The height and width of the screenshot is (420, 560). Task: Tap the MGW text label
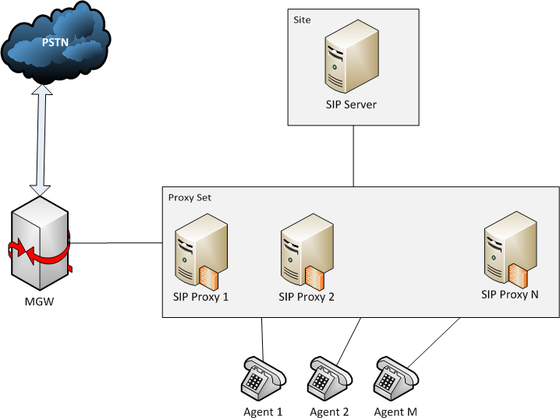click(x=39, y=302)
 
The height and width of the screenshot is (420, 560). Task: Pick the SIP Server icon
click(x=350, y=58)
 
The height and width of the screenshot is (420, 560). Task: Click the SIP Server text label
click(x=351, y=104)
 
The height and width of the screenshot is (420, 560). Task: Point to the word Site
click(x=302, y=19)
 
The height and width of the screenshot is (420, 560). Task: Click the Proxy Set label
click(x=190, y=197)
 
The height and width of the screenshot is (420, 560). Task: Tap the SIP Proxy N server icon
click(x=510, y=249)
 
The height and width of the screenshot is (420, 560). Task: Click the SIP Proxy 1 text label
click(x=200, y=296)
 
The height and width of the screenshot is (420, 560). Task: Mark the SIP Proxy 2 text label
click(x=307, y=296)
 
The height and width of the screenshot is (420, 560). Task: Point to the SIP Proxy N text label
click(x=510, y=295)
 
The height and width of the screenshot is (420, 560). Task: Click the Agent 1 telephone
click(x=263, y=379)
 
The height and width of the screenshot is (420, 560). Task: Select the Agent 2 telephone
click(x=329, y=379)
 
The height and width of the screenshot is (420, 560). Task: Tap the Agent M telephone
click(x=394, y=379)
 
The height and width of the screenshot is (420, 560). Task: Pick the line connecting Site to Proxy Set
click(x=354, y=156)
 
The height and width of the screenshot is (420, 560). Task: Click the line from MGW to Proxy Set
click(x=117, y=242)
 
